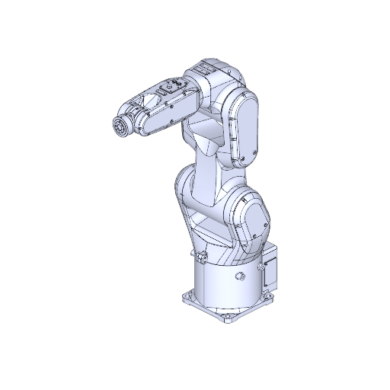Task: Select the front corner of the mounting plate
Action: (x=229, y=318)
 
